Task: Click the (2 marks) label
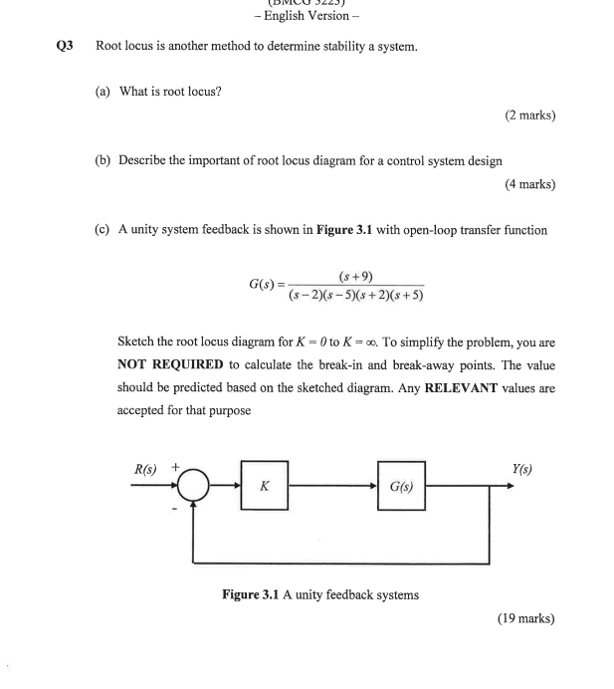[529, 115]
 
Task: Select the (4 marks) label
[529, 184]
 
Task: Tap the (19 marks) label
[525, 618]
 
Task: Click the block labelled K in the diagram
[264, 486]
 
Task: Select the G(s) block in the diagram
[401, 486]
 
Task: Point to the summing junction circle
[194, 486]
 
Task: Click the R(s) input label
[146, 468]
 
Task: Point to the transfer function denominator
[355, 295]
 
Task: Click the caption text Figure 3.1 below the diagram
[251, 595]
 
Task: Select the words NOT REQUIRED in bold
[170, 365]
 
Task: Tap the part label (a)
[102, 92]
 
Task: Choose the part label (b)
[102, 160]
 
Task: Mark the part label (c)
[102, 230]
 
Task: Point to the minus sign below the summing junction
[175, 507]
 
